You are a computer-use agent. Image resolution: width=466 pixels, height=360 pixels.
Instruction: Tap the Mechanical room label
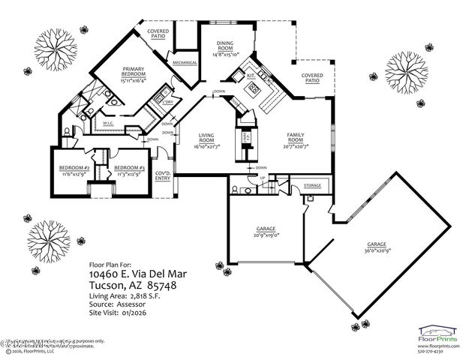coord(184,62)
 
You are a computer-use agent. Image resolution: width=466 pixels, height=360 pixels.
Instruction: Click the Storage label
coord(311,184)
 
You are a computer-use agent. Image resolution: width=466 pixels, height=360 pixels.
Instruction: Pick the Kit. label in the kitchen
coord(251,76)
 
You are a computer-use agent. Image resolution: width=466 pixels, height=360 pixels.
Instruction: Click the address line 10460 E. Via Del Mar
coord(137,275)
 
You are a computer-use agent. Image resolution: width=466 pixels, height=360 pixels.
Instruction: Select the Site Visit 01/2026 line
coord(119,313)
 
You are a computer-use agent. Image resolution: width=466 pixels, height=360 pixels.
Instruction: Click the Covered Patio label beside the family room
coord(312,78)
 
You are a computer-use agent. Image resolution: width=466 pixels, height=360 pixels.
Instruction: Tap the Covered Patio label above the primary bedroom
coord(158,34)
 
